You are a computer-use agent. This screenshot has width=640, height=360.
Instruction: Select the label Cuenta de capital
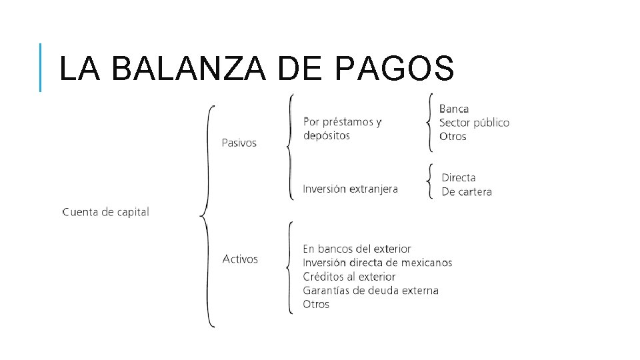pyautogui.click(x=105, y=212)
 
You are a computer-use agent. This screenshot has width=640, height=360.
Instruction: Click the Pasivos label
pyautogui.click(x=239, y=143)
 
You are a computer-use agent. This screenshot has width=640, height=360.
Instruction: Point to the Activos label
pyautogui.click(x=240, y=259)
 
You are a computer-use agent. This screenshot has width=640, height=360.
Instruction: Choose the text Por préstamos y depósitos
pyautogui.click(x=342, y=129)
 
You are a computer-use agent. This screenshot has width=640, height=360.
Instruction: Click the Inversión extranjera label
pyautogui.click(x=350, y=189)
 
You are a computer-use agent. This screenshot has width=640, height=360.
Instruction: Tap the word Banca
pyautogui.click(x=454, y=109)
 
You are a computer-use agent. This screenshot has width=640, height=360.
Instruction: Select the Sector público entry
pyautogui.click(x=474, y=123)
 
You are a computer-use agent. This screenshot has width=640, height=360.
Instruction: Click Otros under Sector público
pyautogui.click(x=453, y=137)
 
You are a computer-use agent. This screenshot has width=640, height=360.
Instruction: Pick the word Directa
pyautogui.click(x=459, y=178)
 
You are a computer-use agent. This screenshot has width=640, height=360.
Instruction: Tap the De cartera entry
pyautogui.click(x=467, y=192)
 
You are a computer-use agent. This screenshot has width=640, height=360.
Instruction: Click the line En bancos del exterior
pyautogui.click(x=357, y=249)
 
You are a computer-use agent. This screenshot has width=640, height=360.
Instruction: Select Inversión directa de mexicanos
pyautogui.click(x=377, y=263)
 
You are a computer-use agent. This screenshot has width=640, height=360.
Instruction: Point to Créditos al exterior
pyautogui.click(x=349, y=277)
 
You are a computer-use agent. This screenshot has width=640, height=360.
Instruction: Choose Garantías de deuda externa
pyautogui.click(x=371, y=291)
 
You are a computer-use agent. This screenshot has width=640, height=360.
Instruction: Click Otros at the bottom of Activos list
pyautogui.click(x=316, y=305)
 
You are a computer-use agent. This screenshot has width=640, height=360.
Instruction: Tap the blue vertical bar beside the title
pyautogui.click(x=41, y=67)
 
